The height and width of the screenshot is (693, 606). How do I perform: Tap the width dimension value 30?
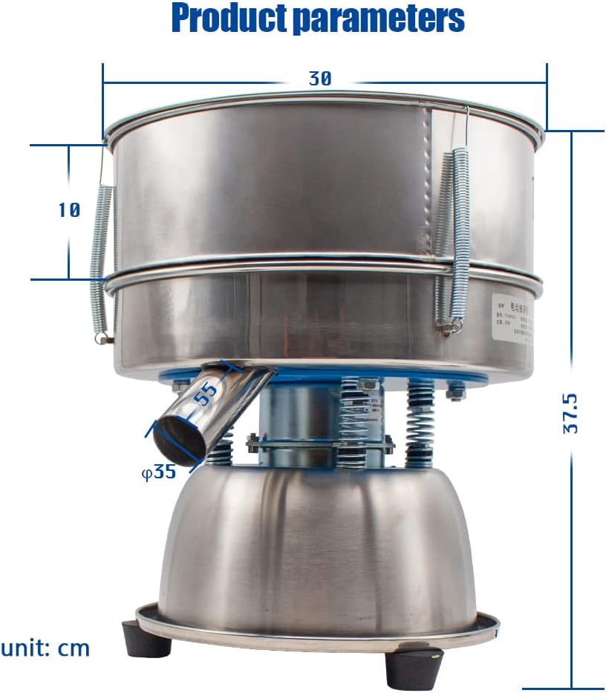[320, 79]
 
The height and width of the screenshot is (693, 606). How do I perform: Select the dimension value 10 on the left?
[68, 210]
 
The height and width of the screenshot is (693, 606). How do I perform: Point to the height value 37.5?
[570, 413]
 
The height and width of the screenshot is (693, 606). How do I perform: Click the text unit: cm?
[45, 648]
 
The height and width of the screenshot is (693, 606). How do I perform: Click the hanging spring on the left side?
[100, 260]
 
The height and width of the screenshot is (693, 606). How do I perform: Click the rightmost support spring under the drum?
[420, 423]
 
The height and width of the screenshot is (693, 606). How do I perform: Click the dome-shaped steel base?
[316, 550]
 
